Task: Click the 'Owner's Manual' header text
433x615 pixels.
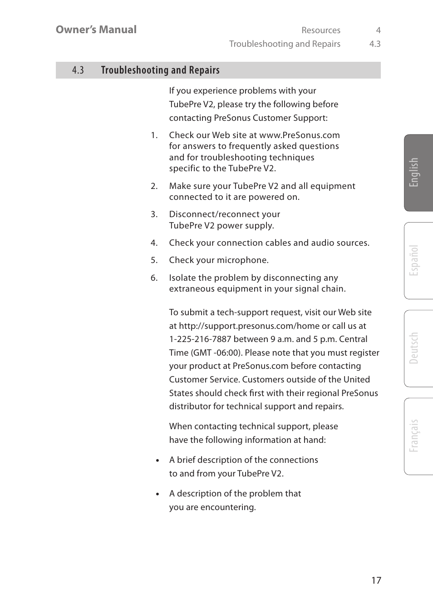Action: [96, 30]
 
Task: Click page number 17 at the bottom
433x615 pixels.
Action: [376, 580]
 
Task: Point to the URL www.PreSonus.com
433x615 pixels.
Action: [300, 135]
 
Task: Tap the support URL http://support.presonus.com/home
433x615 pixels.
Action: [249, 326]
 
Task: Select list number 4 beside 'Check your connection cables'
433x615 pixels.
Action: [154, 243]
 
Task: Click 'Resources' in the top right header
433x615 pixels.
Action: [320, 30]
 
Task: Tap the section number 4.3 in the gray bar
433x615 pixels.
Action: [78, 70]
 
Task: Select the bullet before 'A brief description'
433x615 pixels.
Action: [157, 461]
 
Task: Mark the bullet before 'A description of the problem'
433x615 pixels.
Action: [157, 494]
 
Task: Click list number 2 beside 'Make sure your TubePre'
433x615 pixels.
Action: [154, 186]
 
